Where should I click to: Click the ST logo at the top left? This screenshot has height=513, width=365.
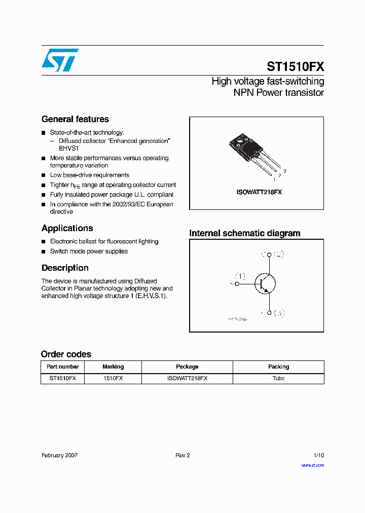pos(60,60)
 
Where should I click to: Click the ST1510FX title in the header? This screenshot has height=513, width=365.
pos(295,67)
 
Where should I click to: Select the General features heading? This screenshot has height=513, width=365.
pos(75,119)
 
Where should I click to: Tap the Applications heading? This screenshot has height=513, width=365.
pos(67,228)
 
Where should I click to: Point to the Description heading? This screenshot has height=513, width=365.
pos(65,268)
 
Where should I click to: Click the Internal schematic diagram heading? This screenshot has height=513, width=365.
pos(245,233)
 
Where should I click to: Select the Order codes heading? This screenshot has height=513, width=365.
pos(66,354)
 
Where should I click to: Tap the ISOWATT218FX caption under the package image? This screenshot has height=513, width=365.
pos(259,193)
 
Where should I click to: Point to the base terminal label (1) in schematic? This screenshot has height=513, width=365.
pos(240,276)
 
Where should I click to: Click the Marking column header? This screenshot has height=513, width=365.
pos(113,367)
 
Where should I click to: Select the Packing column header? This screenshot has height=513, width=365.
pos(278,367)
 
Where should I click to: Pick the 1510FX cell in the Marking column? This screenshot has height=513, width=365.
pos(113,378)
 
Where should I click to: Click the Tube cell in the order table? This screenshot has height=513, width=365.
pos(278,378)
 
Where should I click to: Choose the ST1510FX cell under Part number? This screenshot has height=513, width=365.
pos(62,378)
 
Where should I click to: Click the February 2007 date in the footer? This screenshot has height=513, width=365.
pos(59,455)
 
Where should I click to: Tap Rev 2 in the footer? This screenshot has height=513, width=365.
pos(182,455)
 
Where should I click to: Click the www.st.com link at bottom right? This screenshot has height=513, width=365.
pos(312,465)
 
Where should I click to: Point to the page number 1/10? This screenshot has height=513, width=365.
pos(318,455)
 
